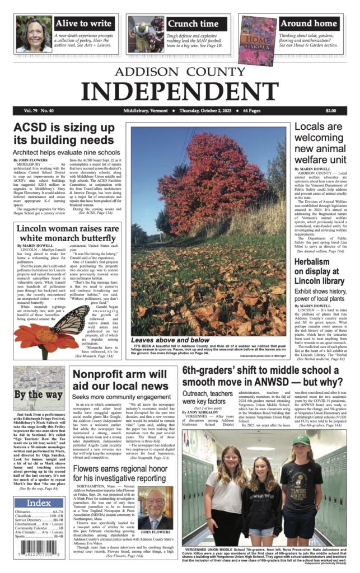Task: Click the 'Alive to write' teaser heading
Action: (x=84, y=24)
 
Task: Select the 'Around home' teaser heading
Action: (x=308, y=24)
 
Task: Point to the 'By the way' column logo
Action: (x=39, y=394)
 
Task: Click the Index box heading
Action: (x=38, y=503)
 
